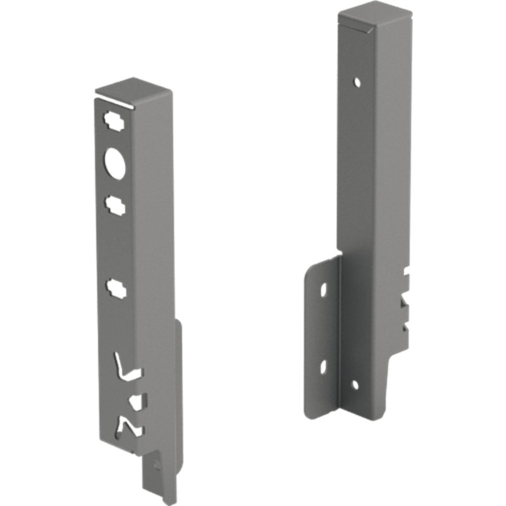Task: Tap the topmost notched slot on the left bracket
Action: click(x=114, y=120)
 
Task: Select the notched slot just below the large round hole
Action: click(x=115, y=204)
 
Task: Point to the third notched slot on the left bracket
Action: click(x=116, y=289)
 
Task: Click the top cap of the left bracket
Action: click(x=133, y=90)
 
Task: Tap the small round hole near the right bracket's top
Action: click(x=357, y=82)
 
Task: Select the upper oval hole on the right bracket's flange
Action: click(x=324, y=290)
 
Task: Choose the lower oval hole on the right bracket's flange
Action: click(x=323, y=366)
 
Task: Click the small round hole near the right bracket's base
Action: click(x=355, y=385)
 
